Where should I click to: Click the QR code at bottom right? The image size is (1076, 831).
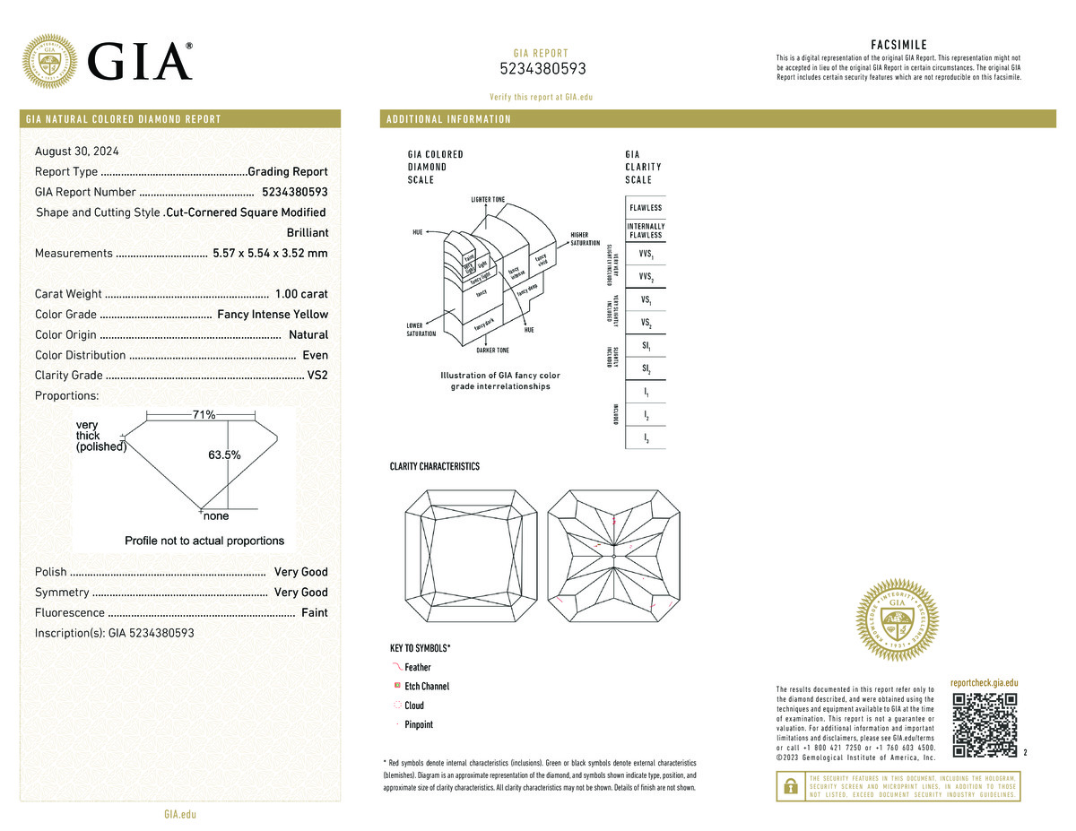985,725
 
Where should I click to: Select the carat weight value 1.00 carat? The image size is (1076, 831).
301,294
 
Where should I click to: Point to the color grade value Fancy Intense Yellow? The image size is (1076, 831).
273,315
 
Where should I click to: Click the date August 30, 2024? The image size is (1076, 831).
77,151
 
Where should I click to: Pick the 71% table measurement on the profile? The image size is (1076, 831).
204,414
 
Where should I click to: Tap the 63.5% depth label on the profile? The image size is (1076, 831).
224,455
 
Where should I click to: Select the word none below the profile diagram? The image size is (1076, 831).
216,516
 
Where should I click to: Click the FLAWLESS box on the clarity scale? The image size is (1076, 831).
645,207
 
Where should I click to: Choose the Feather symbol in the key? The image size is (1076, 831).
397,667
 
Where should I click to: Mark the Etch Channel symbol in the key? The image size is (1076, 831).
397,686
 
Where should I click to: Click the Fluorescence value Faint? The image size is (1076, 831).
314,613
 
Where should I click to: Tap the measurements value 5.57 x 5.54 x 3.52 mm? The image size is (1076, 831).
270,254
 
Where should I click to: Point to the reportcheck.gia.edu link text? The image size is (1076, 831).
984,683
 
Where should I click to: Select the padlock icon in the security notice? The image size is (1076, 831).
790,786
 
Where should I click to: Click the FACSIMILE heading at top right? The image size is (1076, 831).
898,45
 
